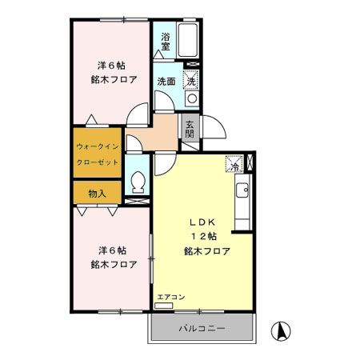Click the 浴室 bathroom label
pyautogui.click(x=166, y=42)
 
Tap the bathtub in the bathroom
pyautogui.click(x=188, y=40)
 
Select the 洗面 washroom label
pyautogui.click(x=166, y=82)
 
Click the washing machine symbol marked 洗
pyautogui.click(x=191, y=80)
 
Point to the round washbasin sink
pyautogui.click(x=192, y=98)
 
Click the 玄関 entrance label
pyautogui.click(x=190, y=129)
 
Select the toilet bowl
pyautogui.click(x=138, y=182)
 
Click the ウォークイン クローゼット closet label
pyautogui.click(x=98, y=154)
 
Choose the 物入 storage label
pyautogui.click(x=98, y=194)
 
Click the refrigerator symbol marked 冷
pyautogui.click(x=234, y=164)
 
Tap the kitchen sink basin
pyautogui.click(x=242, y=190)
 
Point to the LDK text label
pyautogui.click(x=202, y=222)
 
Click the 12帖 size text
pyautogui.click(x=204, y=236)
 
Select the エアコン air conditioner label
pyautogui.click(x=171, y=297)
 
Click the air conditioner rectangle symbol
pyautogui.click(x=164, y=306)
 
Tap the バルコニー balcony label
pyautogui.click(x=202, y=328)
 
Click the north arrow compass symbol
pyautogui.click(x=281, y=331)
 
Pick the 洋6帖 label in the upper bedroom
pyautogui.click(x=111, y=66)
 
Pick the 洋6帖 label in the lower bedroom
pyautogui.click(x=112, y=250)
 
